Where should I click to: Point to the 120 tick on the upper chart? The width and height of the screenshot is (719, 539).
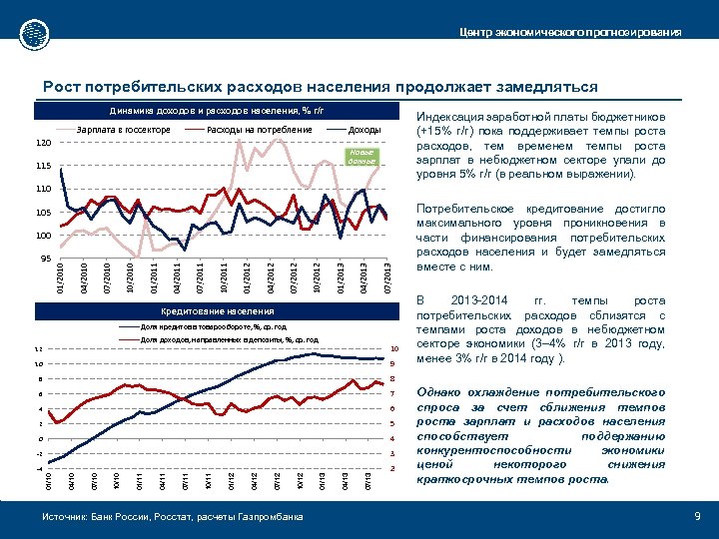(x=44, y=143)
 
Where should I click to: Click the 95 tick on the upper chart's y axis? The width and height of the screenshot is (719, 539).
(x=44, y=259)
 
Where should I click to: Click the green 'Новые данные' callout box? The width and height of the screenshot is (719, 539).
(x=360, y=157)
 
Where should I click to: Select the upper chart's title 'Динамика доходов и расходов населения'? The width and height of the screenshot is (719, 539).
(x=218, y=110)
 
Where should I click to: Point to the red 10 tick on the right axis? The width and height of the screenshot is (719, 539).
(x=393, y=348)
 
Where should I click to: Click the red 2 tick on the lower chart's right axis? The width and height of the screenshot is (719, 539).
(x=392, y=468)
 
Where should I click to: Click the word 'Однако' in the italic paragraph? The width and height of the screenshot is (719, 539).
(x=440, y=393)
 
